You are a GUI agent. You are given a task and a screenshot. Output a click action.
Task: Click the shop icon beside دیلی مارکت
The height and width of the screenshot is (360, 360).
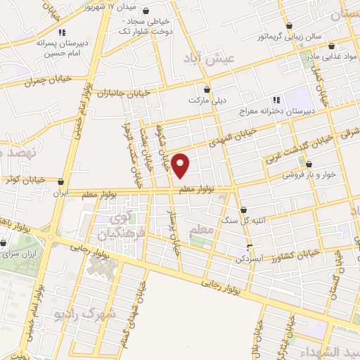pos(207,89)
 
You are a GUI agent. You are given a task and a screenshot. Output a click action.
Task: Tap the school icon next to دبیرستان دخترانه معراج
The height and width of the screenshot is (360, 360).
pos(276,101)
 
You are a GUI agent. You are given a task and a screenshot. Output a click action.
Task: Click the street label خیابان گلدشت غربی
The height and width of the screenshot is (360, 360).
pos(295,148)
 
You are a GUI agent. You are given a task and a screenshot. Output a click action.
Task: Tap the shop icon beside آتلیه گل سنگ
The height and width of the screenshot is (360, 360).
pos(243,210)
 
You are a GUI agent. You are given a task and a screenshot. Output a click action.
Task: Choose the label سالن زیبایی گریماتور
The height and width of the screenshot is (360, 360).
pos(270,36)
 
